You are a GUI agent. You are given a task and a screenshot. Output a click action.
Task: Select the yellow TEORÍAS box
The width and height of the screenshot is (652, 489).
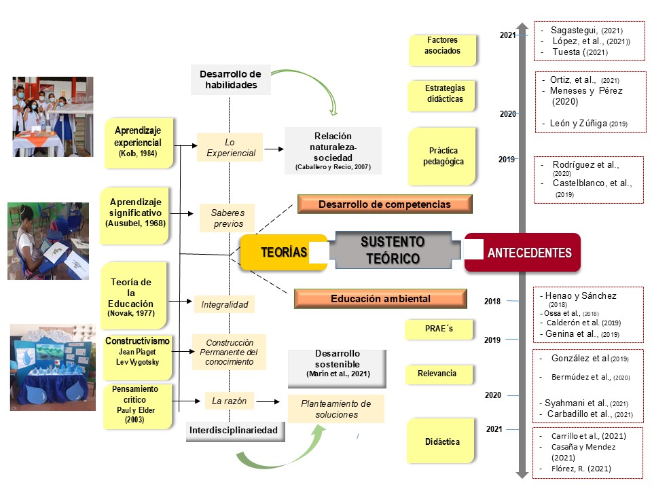click(x=284, y=253)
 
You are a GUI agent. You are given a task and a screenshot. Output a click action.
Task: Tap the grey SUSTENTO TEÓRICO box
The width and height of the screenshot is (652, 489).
click(x=392, y=251)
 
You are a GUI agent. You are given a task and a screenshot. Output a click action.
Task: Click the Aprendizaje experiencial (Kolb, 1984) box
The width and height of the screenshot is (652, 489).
click(x=138, y=143)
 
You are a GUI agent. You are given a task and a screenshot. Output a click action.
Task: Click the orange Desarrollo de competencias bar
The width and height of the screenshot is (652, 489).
click(x=384, y=204)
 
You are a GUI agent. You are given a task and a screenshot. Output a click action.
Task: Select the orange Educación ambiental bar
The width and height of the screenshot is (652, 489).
click(x=380, y=298)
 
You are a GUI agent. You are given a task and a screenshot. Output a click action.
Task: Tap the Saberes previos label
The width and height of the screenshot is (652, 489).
click(x=228, y=218)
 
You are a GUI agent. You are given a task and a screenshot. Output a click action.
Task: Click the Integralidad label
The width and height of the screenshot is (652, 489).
click(x=224, y=305)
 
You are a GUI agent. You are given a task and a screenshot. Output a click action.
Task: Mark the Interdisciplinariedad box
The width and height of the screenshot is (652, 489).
click(x=232, y=431)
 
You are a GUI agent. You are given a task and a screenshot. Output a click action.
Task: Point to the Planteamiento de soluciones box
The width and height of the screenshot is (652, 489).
click(x=336, y=409)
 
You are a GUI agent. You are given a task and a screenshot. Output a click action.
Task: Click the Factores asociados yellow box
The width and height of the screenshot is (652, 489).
click(x=442, y=46)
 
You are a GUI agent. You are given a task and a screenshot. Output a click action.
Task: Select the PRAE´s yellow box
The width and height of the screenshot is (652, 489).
click(x=440, y=329)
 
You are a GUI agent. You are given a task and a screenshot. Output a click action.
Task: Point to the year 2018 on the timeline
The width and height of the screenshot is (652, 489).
click(x=492, y=301)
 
